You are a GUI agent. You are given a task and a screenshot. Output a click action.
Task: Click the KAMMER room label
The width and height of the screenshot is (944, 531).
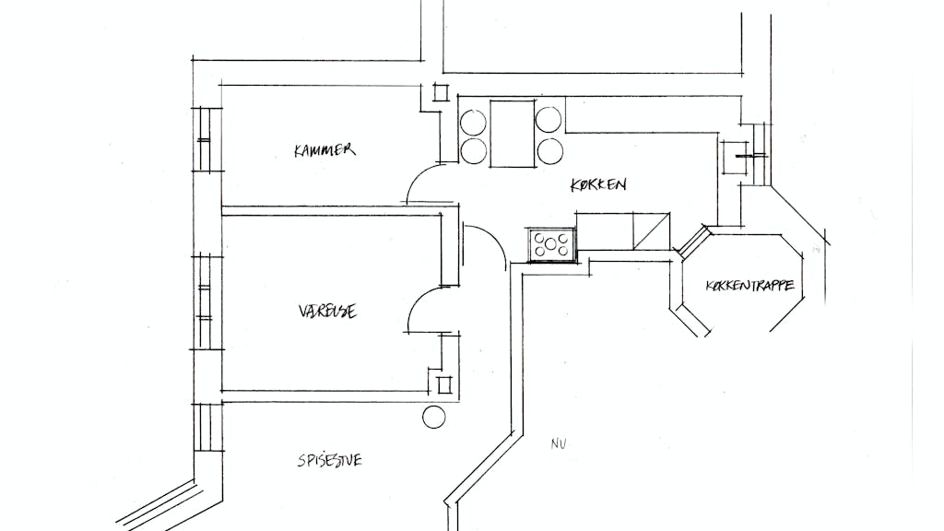point(324,150)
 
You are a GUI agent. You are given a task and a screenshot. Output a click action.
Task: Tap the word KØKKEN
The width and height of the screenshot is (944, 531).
point(598,184)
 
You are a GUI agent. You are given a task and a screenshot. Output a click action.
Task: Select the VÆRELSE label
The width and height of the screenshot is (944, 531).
point(327,311)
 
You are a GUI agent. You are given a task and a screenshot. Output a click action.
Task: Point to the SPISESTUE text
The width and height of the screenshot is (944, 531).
point(330,461)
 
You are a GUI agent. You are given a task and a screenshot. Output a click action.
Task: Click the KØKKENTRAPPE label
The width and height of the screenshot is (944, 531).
point(749,285)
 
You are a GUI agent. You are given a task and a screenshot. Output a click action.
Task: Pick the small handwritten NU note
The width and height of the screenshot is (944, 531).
point(558,444)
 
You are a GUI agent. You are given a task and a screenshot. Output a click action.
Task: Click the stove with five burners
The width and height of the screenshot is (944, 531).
point(552,244)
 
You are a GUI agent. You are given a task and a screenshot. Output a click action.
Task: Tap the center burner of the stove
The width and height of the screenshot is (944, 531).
point(551,244)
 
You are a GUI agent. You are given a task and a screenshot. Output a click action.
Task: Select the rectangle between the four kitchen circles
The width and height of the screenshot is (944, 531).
point(513,134)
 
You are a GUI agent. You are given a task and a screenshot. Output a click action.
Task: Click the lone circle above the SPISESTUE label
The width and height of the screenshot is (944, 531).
point(433,417)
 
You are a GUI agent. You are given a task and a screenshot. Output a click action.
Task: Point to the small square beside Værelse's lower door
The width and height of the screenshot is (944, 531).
point(444,384)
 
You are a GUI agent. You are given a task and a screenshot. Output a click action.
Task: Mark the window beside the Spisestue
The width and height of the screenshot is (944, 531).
point(207,427)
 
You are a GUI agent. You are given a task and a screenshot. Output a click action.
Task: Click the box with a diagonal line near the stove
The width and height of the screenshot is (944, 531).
point(651,230)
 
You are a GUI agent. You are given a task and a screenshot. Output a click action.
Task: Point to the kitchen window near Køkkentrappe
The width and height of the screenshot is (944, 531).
point(756,155)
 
